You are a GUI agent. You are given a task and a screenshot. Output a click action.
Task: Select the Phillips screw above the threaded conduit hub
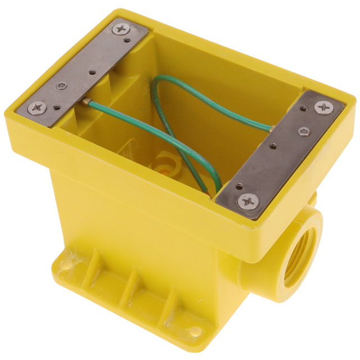(248, 200)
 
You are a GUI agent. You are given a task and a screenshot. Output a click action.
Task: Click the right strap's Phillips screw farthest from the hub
(323, 106)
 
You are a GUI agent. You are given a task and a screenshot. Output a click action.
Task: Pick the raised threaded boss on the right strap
(304, 131)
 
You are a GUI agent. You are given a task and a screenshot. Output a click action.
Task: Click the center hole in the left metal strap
(92, 72)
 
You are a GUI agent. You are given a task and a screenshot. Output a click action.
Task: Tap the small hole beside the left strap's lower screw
(55, 106)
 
